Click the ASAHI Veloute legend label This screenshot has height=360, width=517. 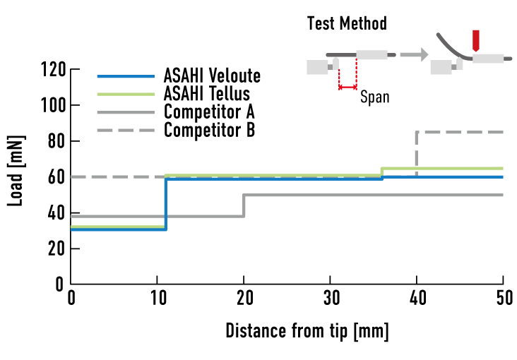212,76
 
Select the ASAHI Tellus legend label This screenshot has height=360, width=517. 207,94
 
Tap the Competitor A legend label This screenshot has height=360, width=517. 209,112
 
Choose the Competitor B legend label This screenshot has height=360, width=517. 209,130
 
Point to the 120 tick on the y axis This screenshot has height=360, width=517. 54,69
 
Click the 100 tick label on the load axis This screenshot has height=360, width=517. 54,105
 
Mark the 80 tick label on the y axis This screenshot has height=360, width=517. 57,141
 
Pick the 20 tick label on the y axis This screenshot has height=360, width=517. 57,248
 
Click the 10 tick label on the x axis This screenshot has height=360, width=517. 158,298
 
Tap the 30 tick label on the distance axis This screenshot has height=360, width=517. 331,298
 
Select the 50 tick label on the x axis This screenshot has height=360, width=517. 504,298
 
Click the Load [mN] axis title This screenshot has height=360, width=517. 16,171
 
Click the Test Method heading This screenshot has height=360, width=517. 347,23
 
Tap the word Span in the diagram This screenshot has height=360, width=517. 375,97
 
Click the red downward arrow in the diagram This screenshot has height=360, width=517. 475,41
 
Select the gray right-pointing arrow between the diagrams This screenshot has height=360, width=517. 414,54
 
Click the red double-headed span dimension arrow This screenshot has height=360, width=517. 348,88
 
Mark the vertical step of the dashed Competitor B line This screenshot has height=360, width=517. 417,154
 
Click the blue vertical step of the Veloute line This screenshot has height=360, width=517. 165,204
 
